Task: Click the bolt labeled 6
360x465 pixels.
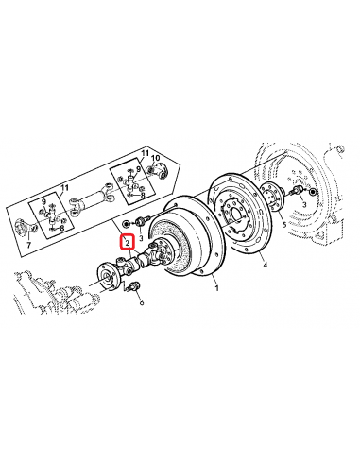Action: click(x=134, y=287)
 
